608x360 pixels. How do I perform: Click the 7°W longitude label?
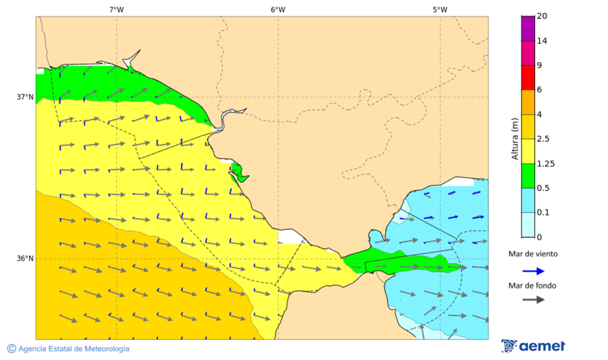pos(116,9)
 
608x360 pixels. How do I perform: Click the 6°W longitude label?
pos(278,9)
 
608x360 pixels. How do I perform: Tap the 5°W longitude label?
pos(440,9)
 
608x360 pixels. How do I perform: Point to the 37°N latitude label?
pos(25,97)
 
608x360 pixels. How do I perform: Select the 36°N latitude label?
pos(25,258)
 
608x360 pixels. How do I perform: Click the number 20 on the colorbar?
pos(541,16)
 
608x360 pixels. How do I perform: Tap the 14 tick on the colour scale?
pos(541,41)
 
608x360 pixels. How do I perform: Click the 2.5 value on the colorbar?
pos(542,138)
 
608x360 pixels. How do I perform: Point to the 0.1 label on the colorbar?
pos(542,212)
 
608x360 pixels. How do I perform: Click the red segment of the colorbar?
pos(528,77)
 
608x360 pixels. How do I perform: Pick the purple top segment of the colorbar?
pos(528,28)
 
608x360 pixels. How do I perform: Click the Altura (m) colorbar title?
pos(515,139)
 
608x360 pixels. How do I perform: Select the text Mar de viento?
pos(533,254)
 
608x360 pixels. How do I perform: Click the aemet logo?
pos(534,346)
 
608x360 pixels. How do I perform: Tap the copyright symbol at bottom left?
pos(11,349)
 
